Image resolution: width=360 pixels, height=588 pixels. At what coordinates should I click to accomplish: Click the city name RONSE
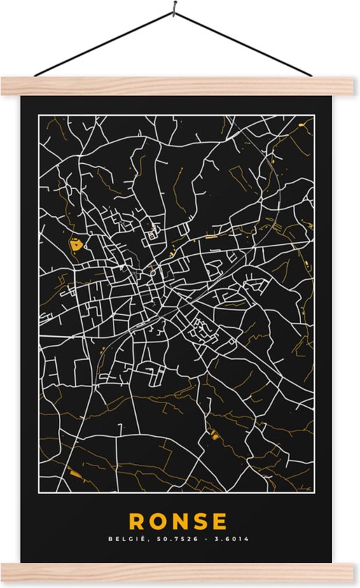point(178,521)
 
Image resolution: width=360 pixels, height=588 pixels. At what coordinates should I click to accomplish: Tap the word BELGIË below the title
point(123,539)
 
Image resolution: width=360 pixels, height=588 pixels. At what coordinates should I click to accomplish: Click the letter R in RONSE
point(137,521)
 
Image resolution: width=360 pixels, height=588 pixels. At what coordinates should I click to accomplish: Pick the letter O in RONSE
point(158,521)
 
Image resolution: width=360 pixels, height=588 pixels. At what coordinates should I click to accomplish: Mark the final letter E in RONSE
point(220,521)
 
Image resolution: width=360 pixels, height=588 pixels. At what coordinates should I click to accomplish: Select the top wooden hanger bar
point(180,86)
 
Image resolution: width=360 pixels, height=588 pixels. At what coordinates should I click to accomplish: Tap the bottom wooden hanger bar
point(180,573)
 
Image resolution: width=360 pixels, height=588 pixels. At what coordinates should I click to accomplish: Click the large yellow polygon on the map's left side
point(76,245)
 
